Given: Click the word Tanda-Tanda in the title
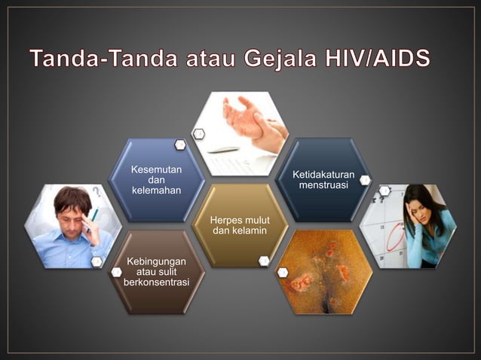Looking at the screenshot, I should (x=105, y=58).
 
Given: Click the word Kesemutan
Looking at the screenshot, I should (x=156, y=169).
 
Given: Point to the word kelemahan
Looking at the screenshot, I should (x=156, y=193).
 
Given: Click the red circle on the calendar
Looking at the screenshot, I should (x=395, y=239).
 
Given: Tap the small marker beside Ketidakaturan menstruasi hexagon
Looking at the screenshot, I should (x=365, y=180).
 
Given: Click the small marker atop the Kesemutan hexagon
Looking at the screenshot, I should (x=180, y=144).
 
